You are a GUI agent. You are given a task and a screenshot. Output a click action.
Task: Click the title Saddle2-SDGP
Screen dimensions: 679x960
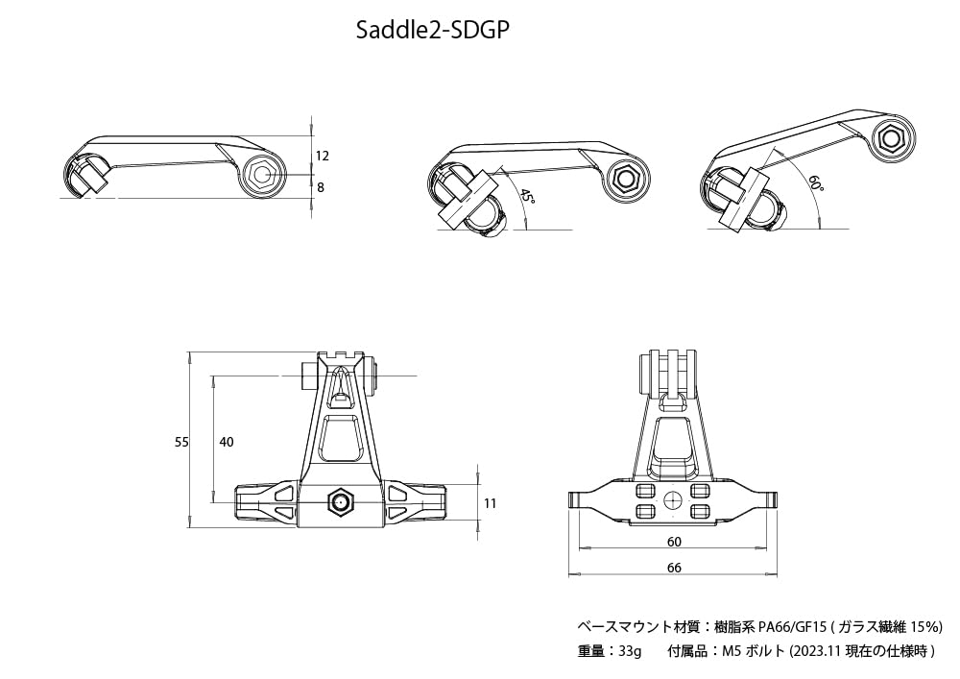tap(431, 30)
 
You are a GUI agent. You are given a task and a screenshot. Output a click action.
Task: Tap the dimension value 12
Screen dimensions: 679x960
tap(323, 155)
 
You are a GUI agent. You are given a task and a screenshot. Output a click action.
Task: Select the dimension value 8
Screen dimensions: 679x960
tap(321, 187)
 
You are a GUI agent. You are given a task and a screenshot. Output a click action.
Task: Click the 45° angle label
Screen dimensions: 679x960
tap(527, 197)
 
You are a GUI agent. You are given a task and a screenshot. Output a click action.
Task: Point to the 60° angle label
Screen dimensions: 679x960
tap(816, 184)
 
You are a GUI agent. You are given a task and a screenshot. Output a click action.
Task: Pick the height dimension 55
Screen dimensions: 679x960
tap(181, 442)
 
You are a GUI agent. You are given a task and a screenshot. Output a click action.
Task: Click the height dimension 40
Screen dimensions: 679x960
tap(227, 442)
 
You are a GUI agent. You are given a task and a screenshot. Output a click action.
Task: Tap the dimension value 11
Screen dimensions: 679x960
tap(491, 502)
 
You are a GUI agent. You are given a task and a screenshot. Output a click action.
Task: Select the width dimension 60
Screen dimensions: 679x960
tap(674, 542)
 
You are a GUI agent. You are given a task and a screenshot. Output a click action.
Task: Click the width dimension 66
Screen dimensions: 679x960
tap(674, 568)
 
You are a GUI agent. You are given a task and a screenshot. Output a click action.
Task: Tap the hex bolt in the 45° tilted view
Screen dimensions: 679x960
tap(627, 178)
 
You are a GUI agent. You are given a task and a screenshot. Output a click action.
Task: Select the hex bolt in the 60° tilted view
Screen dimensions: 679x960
tap(891, 139)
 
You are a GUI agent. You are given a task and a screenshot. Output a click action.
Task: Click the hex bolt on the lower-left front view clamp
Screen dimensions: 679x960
tap(341, 502)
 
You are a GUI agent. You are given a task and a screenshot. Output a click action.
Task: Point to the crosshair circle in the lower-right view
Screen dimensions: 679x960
tap(673, 498)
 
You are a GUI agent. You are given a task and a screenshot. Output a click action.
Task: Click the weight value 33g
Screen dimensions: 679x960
tap(630, 651)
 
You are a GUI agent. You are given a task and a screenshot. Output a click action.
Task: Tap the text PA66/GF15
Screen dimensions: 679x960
tap(790, 626)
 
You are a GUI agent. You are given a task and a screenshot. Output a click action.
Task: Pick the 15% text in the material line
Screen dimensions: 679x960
tap(924, 626)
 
